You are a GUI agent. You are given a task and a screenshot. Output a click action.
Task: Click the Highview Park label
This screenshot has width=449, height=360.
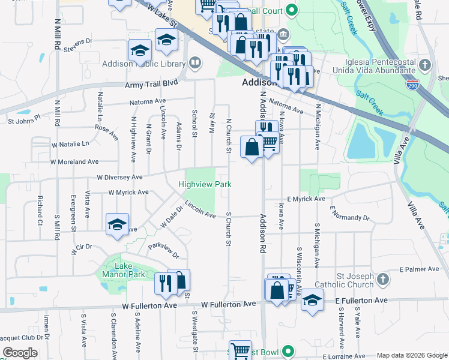[x=205, y=184]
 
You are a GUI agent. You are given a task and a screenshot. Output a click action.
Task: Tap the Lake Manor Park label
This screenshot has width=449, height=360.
[x=124, y=269]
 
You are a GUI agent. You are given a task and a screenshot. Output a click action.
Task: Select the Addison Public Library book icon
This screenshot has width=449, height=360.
[x=195, y=62]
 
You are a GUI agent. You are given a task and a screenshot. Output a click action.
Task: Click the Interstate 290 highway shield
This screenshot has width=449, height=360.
[x=412, y=85]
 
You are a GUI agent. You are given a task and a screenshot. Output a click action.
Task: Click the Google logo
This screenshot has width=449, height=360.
[x=20, y=353]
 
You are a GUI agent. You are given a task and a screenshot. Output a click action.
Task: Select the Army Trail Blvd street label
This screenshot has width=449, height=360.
[x=152, y=85]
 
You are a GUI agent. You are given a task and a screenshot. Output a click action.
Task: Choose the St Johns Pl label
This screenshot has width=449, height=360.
[x=23, y=119]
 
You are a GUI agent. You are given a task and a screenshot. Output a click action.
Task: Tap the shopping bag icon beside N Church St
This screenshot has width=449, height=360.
[x=252, y=146]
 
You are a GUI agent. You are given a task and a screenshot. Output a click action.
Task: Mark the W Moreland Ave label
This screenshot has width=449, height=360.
[x=74, y=162]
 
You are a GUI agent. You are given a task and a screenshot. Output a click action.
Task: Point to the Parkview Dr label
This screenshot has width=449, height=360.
[x=163, y=250]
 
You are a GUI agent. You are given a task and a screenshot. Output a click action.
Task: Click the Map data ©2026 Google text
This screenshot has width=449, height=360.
[x=412, y=355]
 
